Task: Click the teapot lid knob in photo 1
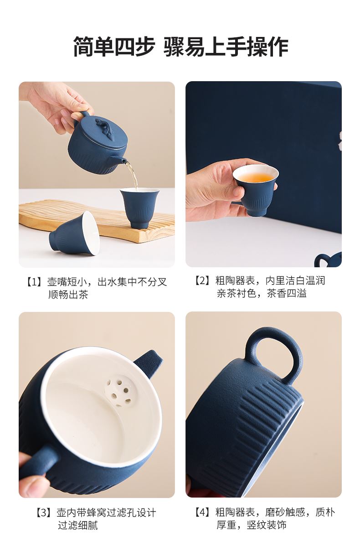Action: (x=105, y=128)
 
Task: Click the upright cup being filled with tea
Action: (x=139, y=208)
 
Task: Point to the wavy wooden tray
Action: (x=97, y=220)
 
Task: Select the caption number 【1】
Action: (x=34, y=282)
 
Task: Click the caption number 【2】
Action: (x=202, y=280)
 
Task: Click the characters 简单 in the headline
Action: (x=94, y=47)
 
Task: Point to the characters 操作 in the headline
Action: (x=268, y=47)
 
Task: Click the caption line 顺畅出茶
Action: (x=68, y=295)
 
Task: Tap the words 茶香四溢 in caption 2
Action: (x=287, y=293)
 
